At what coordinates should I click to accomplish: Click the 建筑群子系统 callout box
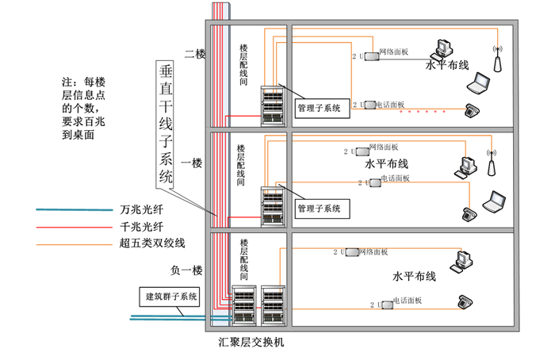click(x=170, y=297)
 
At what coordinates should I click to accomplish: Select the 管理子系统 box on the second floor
click(x=319, y=107)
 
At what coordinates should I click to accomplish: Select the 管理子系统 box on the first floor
click(x=319, y=209)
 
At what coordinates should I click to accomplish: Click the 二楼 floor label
click(x=194, y=54)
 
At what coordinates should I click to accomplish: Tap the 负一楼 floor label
click(x=187, y=270)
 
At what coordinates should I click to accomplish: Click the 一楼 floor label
click(x=192, y=163)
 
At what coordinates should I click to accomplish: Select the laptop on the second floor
click(x=479, y=83)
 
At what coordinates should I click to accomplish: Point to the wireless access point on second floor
click(x=498, y=62)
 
